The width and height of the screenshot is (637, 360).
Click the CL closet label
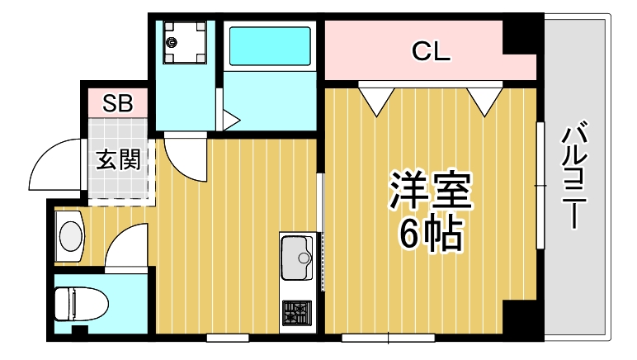431,54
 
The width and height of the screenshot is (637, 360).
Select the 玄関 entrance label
117,159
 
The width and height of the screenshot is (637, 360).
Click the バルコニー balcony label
576,176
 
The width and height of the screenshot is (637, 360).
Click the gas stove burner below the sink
297,313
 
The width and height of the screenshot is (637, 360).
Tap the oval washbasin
71,236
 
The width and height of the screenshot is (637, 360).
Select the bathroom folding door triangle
229,118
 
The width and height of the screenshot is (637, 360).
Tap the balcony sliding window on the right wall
540,184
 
